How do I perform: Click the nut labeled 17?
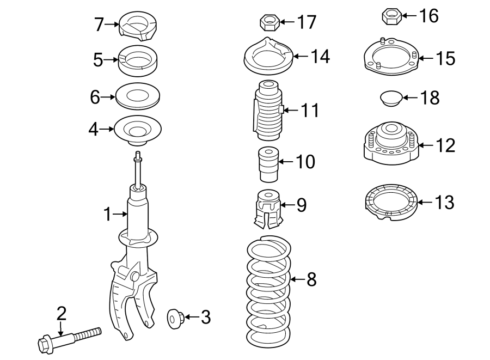(x=268, y=22)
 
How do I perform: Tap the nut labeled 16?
(x=390, y=16)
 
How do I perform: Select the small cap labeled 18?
(x=390, y=99)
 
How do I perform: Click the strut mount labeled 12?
(x=391, y=144)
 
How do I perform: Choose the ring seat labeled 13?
(x=390, y=204)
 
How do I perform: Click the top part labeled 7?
(x=138, y=27)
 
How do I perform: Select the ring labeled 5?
(x=138, y=60)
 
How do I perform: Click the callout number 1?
(x=108, y=215)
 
